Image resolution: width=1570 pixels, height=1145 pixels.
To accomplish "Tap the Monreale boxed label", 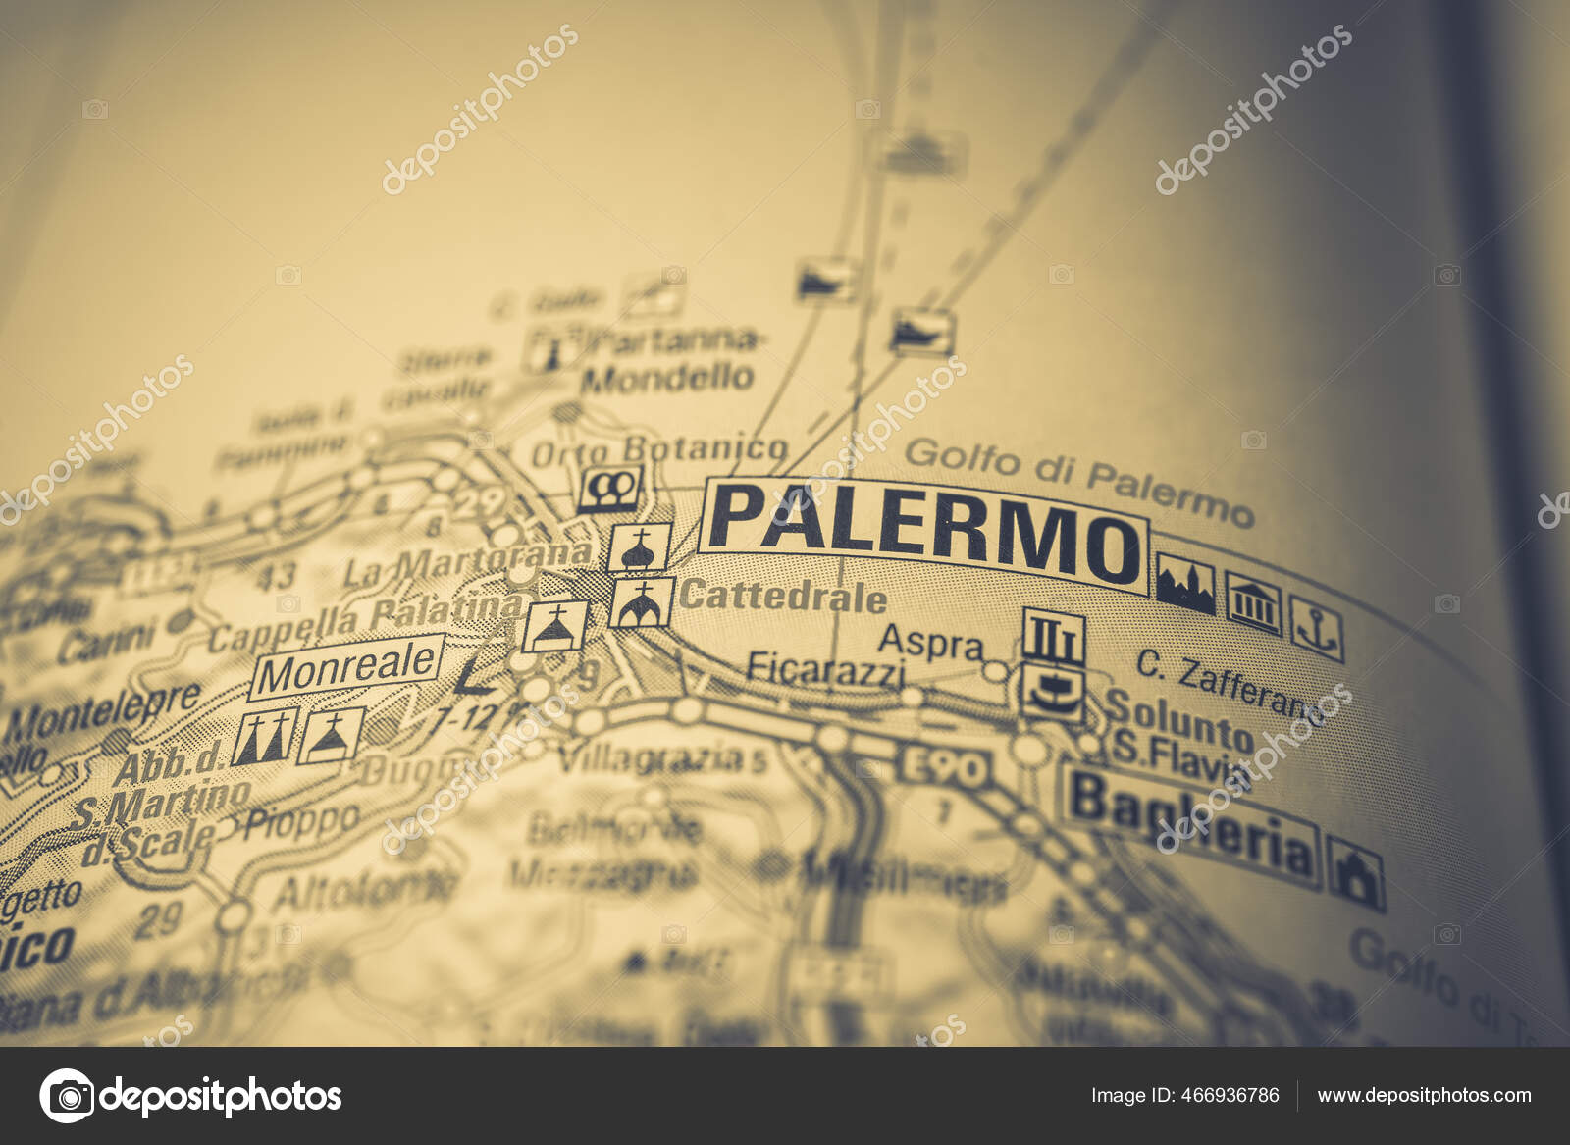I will [347, 667].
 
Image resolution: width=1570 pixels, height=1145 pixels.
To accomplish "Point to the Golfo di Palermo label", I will [1077, 480].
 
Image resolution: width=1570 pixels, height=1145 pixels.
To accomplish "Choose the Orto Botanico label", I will [658, 450].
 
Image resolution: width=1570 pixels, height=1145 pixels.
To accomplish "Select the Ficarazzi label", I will [824, 670].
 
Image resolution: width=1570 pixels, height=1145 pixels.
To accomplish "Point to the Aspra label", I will [930, 643].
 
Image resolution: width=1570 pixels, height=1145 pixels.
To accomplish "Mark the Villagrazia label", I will [651, 756].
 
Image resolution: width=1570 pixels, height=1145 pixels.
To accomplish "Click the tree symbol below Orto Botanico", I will [609, 488].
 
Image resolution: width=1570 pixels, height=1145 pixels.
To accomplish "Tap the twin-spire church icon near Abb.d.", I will [265, 737].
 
